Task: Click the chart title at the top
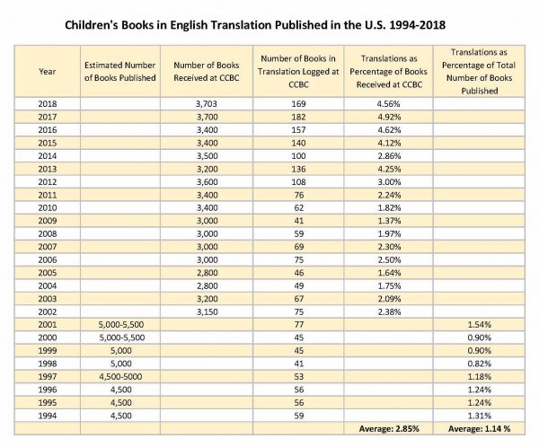[255, 25]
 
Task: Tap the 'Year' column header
[47, 72]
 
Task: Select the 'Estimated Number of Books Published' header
[120, 72]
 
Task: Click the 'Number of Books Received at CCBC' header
[207, 72]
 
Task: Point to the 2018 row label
[48, 104]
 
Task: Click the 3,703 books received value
[207, 104]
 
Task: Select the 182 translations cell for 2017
[298, 117]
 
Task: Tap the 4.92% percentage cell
[389, 117]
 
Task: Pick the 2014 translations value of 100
[298, 156]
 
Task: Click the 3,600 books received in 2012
[207, 181]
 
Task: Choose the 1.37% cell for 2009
[389, 221]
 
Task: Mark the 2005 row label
[48, 273]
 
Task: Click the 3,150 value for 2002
[207, 312]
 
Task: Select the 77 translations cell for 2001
[299, 325]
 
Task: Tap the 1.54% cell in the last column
[479, 325]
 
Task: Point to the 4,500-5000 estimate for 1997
[120, 377]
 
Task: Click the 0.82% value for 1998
[479, 364]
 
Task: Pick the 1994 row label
[48, 416]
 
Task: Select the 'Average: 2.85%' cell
[389, 429]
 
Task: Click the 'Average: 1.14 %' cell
[479, 429]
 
